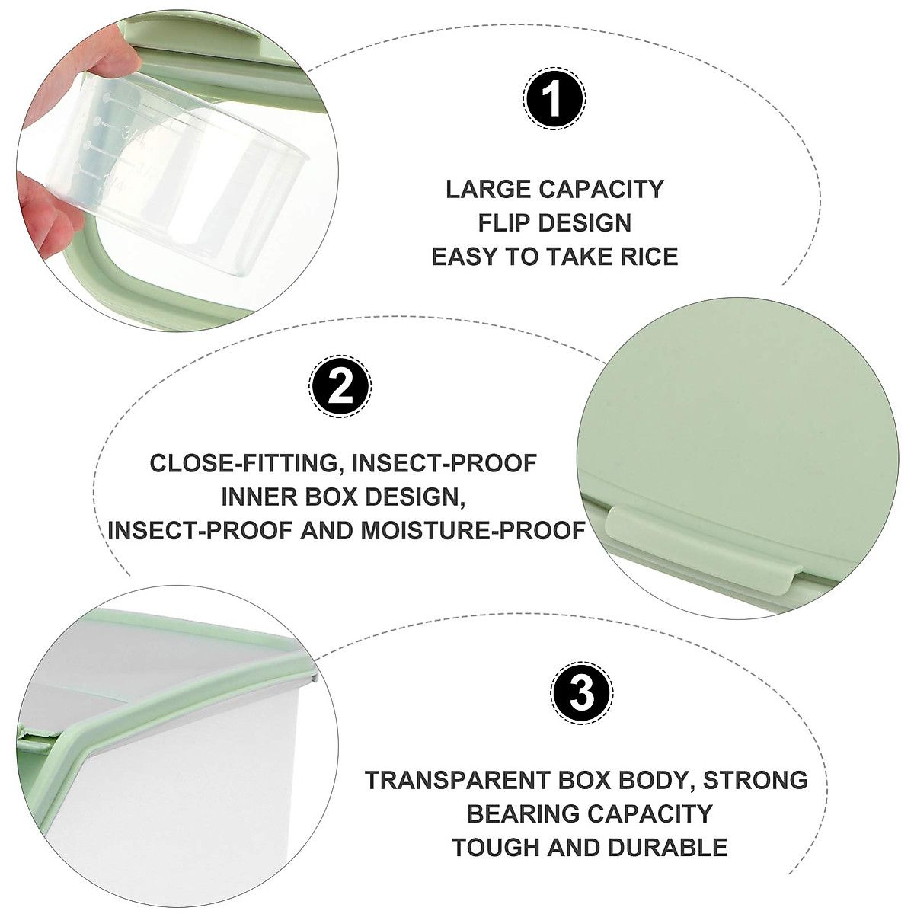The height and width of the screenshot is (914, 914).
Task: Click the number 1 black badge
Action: tap(554, 99)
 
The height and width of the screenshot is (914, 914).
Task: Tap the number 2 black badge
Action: tap(340, 387)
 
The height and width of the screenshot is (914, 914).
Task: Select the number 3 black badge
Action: tap(582, 693)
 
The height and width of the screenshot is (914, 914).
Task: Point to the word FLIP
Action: tap(505, 223)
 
